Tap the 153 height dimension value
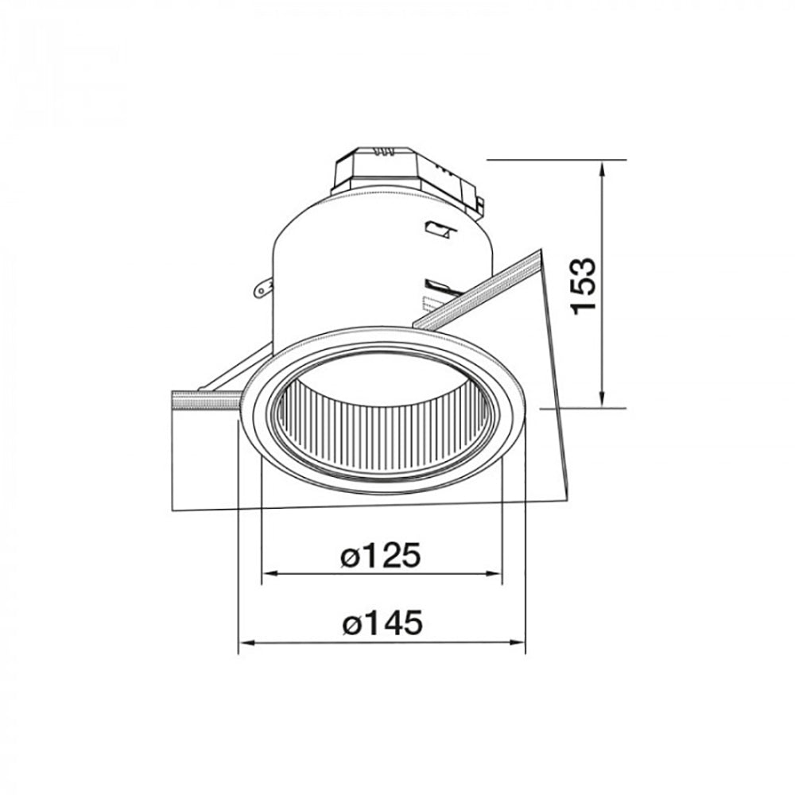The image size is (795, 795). [584, 285]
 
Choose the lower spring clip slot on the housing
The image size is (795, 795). [437, 285]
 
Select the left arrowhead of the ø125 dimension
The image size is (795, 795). [269, 573]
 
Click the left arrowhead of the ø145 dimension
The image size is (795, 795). [246, 642]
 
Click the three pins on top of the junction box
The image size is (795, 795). [386, 149]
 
